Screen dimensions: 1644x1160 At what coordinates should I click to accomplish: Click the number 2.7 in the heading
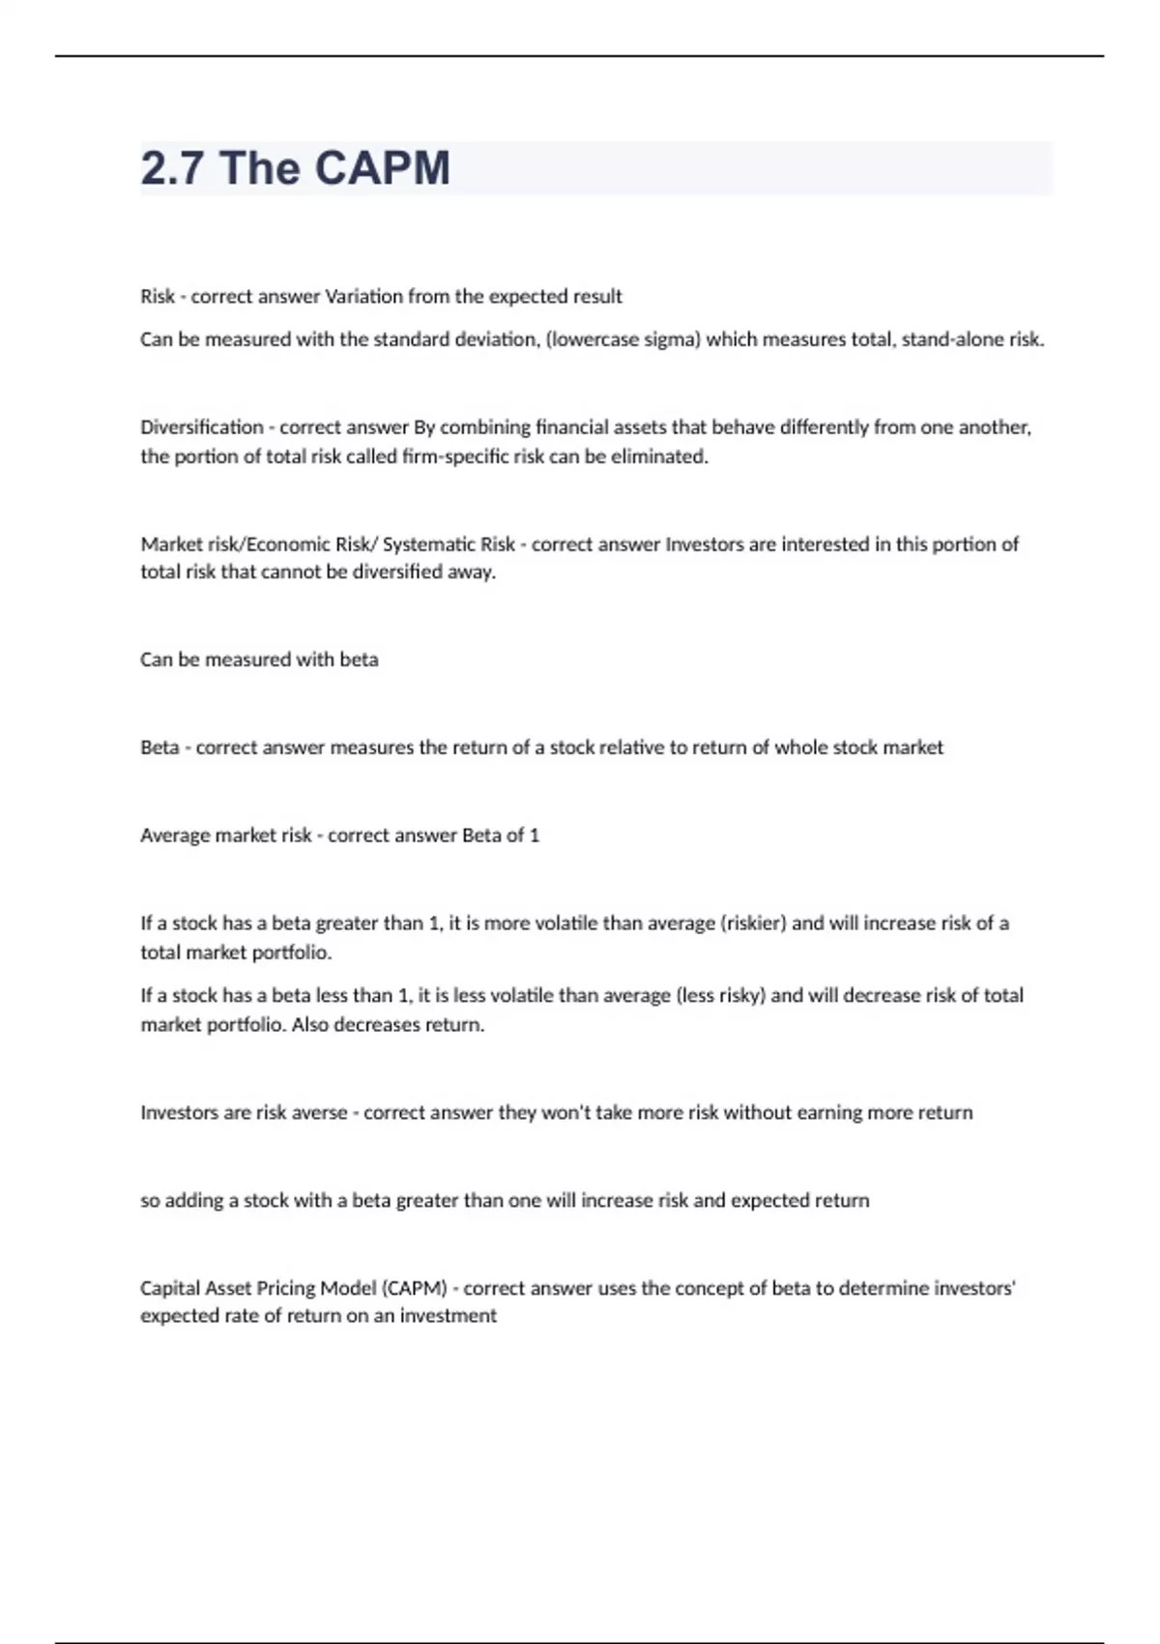tap(172, 168)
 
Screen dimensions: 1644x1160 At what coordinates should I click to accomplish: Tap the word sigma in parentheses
tap(671, 339)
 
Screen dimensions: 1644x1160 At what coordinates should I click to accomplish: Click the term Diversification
tap(201, 427)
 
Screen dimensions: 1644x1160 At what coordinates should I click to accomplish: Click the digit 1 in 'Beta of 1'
tap(535, 836)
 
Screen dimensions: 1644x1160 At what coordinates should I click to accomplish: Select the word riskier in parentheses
tap(754, 924)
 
